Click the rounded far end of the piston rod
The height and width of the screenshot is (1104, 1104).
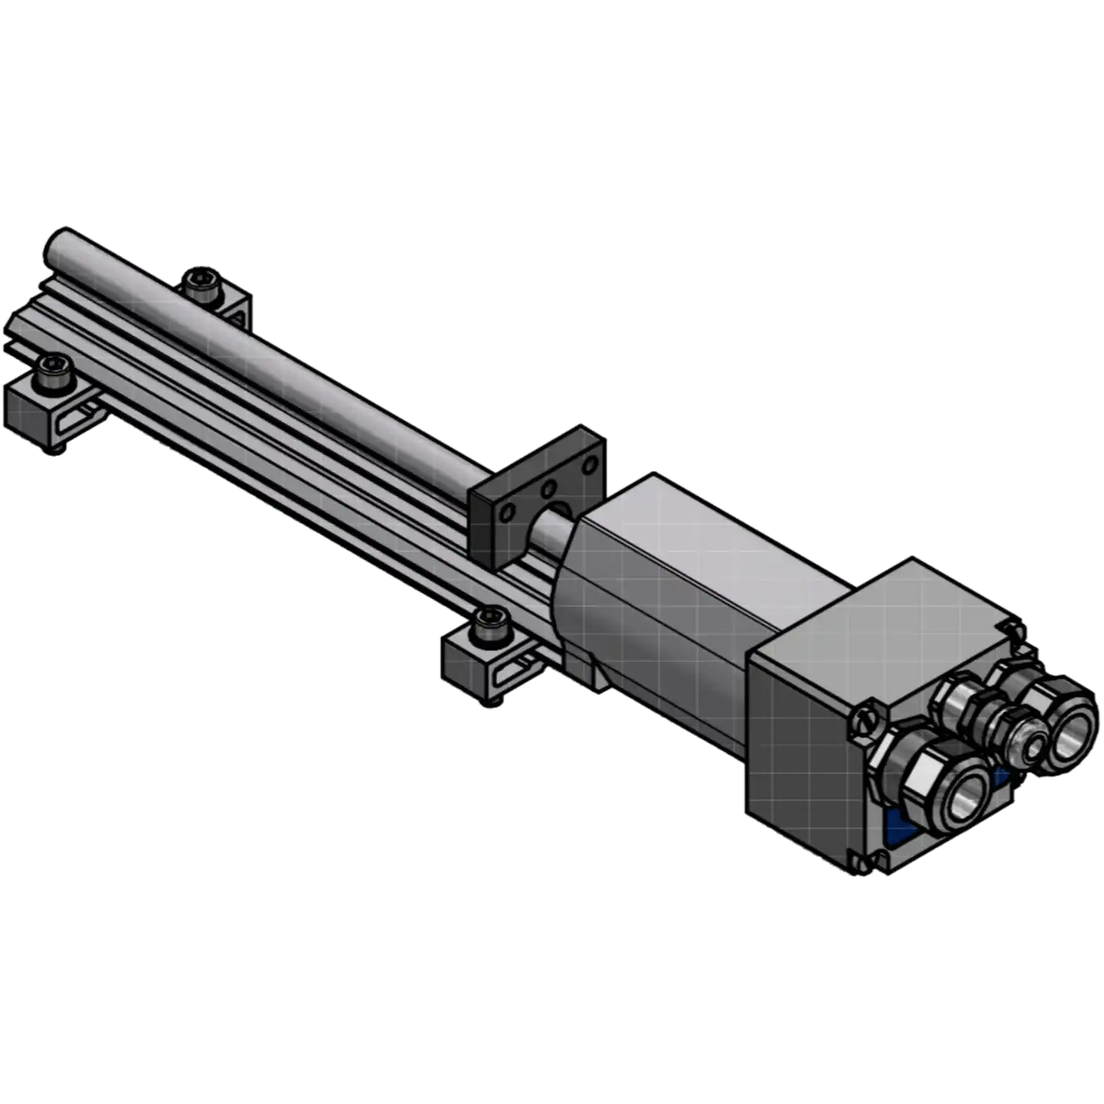(57, 243)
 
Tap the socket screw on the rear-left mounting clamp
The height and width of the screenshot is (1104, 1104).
(200, 282)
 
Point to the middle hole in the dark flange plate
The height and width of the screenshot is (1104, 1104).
(548, 490)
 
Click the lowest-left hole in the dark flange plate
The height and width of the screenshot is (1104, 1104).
(508, 514)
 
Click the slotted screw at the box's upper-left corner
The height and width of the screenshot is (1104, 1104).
(868, 720)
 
